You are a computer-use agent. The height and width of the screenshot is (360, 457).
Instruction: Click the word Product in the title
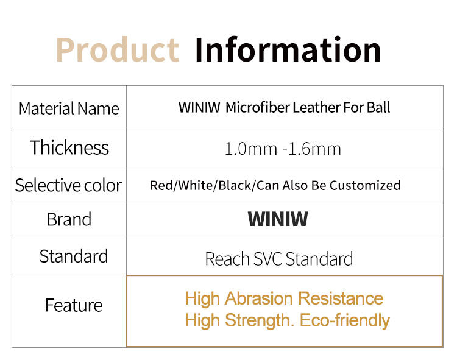coord(117,49)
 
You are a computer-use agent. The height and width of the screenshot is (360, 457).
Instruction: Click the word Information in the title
coord(288,49)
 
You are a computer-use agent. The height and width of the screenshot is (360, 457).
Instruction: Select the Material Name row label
coord(69,109)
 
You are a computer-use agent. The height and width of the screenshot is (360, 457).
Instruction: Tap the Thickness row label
coord(69,147)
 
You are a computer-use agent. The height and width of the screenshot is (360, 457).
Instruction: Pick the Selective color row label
coord(68,185)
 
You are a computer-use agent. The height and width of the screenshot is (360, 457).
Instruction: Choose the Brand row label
coord(69,219)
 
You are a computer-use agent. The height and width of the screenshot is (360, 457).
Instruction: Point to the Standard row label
coord(74,256)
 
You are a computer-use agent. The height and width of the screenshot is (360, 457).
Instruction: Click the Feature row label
coord(74,305)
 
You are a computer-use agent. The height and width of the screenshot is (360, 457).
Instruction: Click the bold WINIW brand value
coord(278,219)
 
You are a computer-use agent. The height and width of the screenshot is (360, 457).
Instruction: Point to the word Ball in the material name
coord(378,108)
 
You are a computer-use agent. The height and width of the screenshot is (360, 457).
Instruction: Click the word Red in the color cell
coord(161,185)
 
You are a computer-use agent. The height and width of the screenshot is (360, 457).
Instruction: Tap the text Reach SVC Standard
coord(279,259)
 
